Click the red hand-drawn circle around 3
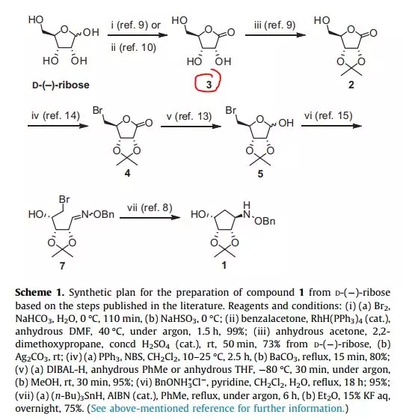pos(196,84)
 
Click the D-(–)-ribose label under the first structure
pos(61,85)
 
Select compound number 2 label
pos(351,85)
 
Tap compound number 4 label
pos(127,173)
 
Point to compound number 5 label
pos(260,174)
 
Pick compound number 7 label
pos(62,266)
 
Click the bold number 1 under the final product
pos(224,265)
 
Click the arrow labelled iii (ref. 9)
pos(275,35)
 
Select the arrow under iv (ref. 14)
pos(58,125)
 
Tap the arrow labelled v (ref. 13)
pos(191,126)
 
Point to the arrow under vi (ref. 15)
pos(332,125)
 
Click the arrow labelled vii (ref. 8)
pos(150,217)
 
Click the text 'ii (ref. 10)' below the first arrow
pos(133,47)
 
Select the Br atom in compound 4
pos(98,110)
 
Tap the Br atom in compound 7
pos(64,199)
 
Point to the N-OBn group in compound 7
pos(98,214)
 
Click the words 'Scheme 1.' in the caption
pos(40,292)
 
